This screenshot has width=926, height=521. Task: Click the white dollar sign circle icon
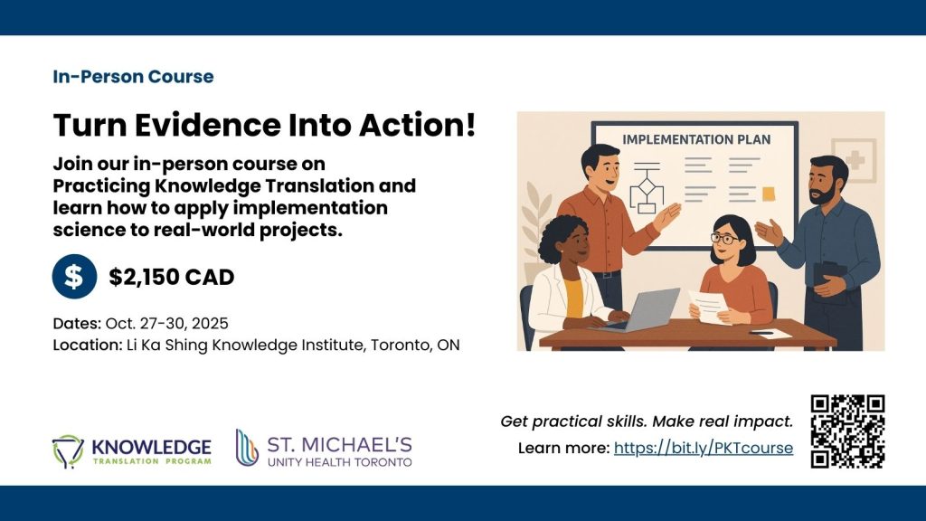[74, 277]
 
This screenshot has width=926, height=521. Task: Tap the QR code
[847, 431]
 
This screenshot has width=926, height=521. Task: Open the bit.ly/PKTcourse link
[704, 448]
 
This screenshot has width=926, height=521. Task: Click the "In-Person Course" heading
[134, 77]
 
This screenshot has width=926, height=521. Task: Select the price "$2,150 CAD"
[171, 277]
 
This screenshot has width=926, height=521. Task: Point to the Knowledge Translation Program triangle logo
[68, 450]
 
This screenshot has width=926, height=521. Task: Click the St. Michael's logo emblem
[247, 448]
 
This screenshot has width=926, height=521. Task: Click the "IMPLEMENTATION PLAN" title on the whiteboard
[696, 140]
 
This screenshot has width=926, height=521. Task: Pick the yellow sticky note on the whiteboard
[769, 194]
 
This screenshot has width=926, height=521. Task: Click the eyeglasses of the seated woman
[724, 239]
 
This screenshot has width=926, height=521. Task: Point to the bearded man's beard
[823, 194]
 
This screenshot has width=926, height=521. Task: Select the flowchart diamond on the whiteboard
[646, 187]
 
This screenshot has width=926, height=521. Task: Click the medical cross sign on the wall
[855, 159]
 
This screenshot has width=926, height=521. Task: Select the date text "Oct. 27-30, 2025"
[166, 324]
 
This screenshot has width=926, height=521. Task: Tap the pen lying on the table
[761, 333]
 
